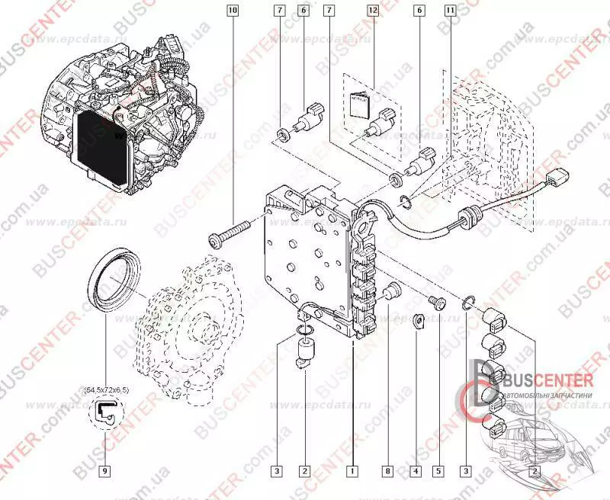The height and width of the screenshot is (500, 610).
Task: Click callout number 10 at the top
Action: point(233,11)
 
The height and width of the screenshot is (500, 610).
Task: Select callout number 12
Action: point(372,11)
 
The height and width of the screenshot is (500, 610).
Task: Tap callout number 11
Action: point(451,11)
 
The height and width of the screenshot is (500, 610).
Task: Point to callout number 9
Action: point(104,470)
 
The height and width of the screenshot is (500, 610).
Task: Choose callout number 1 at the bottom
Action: point(352,470)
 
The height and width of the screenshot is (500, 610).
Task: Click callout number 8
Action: point(387,470)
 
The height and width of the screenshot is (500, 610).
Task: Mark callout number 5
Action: point(438,470)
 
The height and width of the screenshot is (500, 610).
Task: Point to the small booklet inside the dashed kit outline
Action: point(359,101)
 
